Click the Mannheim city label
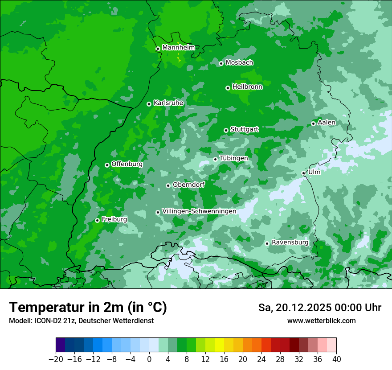tap(178, 48)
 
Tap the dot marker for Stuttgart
tap(226, 130)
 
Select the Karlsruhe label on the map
tap(168, 103)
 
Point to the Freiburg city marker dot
tap(98, 220)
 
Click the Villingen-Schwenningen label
tap(199, 211)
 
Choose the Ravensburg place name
tap(290, 243)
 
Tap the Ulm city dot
tap(303, 173)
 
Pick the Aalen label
tap(327, 123)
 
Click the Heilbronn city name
tap(247, 87)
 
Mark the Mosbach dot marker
tap(221, 63)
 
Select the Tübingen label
tap(234, 158)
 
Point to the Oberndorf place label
tap(188, 185)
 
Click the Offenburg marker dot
tap(107, 165)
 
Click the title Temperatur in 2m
tap(88, 308)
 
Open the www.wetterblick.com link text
tap(321, 321)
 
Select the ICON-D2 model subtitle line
tap(81, 321)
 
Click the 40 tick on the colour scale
tap(336, 359)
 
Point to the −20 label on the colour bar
tap(56, 359)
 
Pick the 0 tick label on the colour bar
tap(149, 359)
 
